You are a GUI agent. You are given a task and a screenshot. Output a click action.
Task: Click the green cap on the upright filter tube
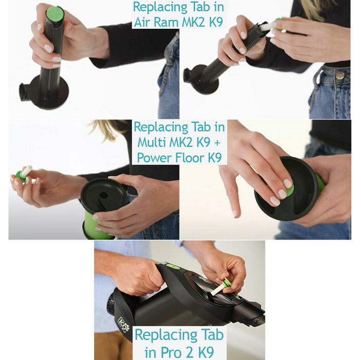55,14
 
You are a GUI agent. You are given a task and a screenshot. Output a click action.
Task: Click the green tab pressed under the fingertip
291,191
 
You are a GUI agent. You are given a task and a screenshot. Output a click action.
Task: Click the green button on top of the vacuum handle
173,266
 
